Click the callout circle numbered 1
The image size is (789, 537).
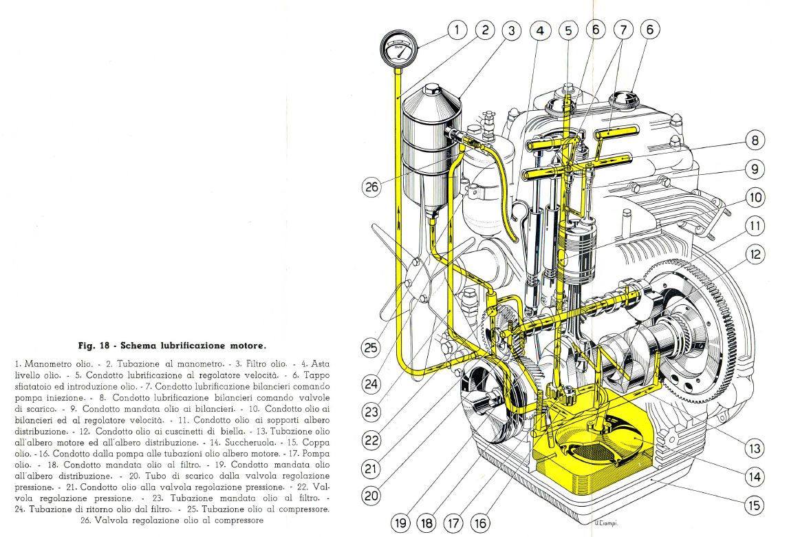click(x=457, y=30)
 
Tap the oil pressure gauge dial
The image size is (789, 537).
click(x=399, y=50)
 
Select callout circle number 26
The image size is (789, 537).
click(x=371, y=187)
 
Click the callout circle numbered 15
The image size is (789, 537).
click(x=755, y=505)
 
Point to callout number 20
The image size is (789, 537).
click(x=371, y=496)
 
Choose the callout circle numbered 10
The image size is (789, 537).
click(x=755, y=198)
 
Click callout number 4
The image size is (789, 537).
click(x=540, y=31)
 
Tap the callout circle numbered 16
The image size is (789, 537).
click(x=480, y=523)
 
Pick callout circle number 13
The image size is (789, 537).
click(x=755, y=448)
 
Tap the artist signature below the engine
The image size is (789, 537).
click(x=606, y=523)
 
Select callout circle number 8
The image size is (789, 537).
click(x=755, y=140)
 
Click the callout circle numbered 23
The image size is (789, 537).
click(x=371, y=412)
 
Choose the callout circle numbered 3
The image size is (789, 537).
click(x=511, y=31)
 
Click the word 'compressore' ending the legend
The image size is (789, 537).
click(x=239, y=520)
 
